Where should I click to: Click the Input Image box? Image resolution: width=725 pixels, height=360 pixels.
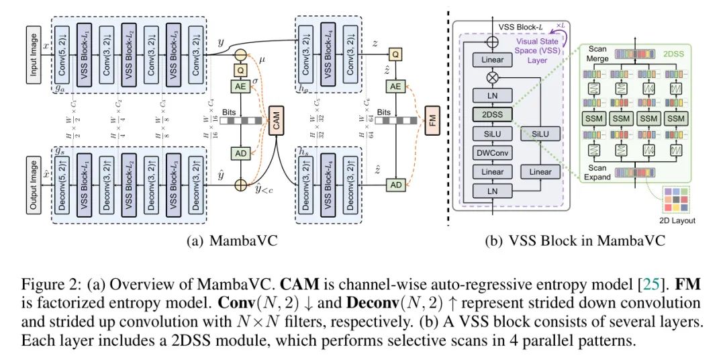[x=34, y=54]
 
